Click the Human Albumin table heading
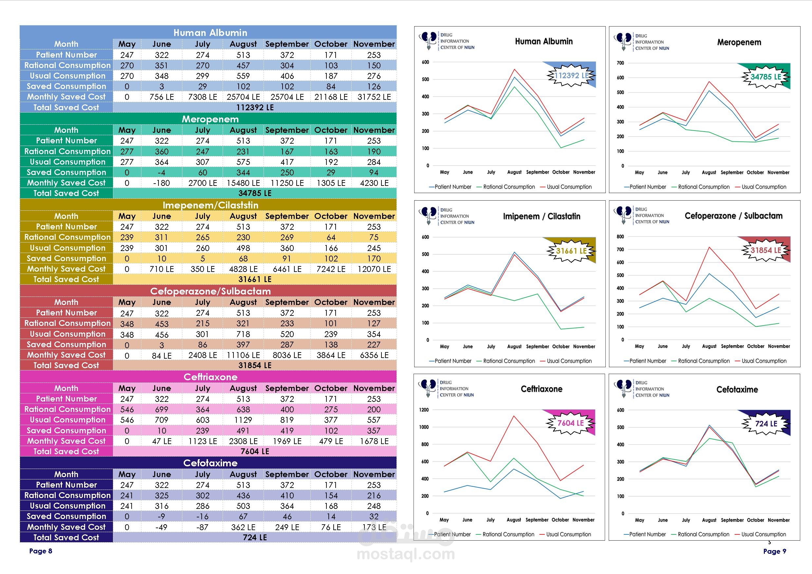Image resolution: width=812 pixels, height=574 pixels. click(x=210, y=33)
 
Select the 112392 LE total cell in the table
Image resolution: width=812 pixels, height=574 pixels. click(x=255, y=107)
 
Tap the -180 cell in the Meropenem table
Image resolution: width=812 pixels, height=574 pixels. click(x=161, y=183)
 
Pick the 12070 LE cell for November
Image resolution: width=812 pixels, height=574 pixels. click(x=374, y=269)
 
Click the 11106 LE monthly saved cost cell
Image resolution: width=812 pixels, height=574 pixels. click(x=243, y=355)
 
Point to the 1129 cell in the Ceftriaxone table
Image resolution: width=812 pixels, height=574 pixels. click(x=243, y=420)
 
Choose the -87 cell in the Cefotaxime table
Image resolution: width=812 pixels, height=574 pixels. click(x=202, y=527)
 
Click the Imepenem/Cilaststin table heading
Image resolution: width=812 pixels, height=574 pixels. click(x=210, y=205)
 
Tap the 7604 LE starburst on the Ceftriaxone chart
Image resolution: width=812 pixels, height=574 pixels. click(x=570, y=423)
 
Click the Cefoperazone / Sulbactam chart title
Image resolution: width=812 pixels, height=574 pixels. click(x=733, y=216)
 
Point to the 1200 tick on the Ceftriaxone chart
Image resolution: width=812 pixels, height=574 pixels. click(x=424, y=410)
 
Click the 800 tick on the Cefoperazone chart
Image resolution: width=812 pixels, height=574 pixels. click(x=620, y=237)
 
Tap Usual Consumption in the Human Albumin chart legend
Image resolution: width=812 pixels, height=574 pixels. click(x=569, y=187)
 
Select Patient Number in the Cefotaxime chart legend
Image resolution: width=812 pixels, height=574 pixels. click(x=647, y=534)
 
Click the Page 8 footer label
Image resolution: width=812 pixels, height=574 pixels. click(x=41, y=551)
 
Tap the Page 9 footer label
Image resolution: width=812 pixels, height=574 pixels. click(x=775, y=551)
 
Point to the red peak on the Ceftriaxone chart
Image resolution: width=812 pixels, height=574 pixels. click(x=513, y=416)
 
